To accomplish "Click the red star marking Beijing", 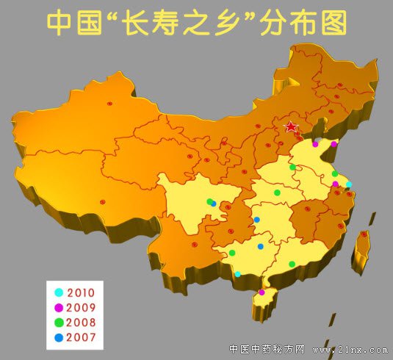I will [x=292, y=127].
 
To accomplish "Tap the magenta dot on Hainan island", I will [x=262, y=292].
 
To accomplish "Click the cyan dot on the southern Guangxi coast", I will [x=237, y=274].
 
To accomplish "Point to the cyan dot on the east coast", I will [x=349, y=184].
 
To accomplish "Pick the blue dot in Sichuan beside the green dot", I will [x=214, y=204].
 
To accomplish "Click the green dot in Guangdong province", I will [x=292, y=264].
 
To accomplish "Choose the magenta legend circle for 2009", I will [x=60, y=307].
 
